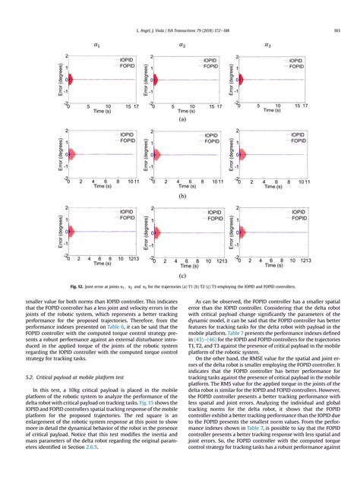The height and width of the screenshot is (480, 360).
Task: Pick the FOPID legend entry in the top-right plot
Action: [292, 66]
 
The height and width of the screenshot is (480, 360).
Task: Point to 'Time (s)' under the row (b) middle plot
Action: [183, 186]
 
